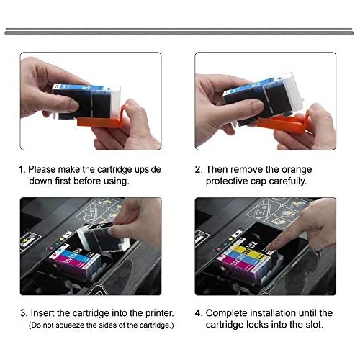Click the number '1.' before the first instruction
point(22,169)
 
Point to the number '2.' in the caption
point(199,169)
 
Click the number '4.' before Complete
point(199,313)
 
